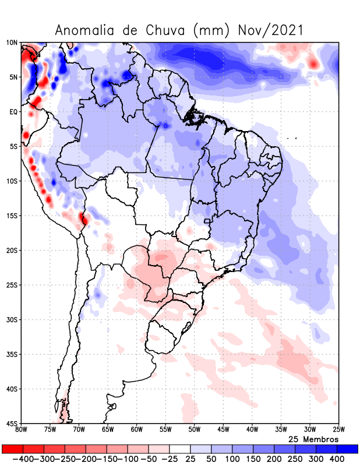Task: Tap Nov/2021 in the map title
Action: tap(271, 30)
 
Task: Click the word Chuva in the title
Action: tap(165, 30)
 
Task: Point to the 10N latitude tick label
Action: tap(12, 43)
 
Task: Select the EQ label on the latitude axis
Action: tap(13, 112)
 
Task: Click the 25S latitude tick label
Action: tap(12, 285)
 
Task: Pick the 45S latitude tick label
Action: tap(12, 423)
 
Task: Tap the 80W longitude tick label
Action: tap(22, 430)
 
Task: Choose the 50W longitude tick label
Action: tap(195, 430)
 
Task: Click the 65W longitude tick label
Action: tap(108, 430)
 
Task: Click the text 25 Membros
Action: tap(313, 439)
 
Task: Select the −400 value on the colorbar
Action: tap(22, 459)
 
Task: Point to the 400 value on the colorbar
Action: tap(337, 459)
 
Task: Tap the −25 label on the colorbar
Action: tap(169, 459)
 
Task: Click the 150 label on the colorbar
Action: tap(253, 459)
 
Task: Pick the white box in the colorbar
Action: tap(180, 449)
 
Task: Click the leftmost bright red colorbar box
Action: tap(12, 449)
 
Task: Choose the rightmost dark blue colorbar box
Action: tap(348, 449)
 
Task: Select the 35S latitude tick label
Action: tap(12, 354)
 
